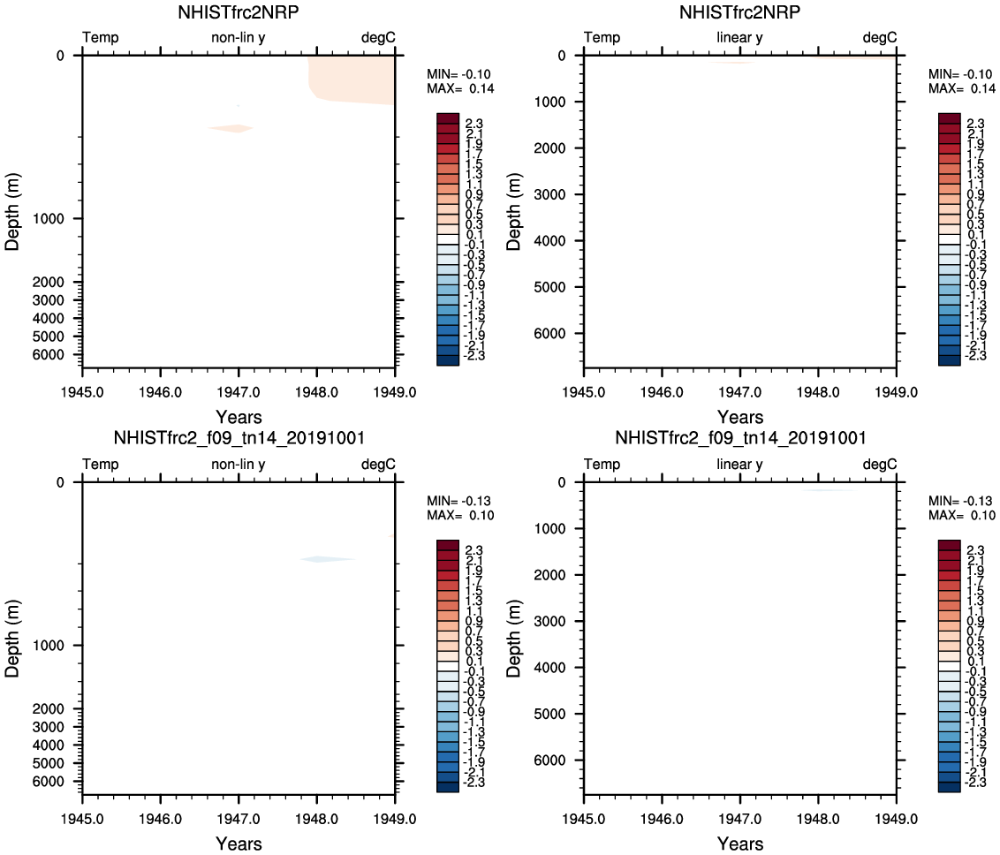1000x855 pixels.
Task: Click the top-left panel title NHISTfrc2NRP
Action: click(x=238, y=12)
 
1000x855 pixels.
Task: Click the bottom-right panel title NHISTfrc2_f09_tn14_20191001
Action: click(x=739, y=438)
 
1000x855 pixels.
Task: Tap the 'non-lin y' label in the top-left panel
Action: click(x=238, y=38)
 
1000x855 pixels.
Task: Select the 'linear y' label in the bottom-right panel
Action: click(x=739, y=465)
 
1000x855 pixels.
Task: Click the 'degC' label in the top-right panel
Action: click(x=880, y=38)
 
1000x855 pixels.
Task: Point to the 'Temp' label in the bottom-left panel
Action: click(x=101, y=465)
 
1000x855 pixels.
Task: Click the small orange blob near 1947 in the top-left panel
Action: click(x=231, y=129)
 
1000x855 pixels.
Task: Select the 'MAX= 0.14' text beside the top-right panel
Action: click(x=962, y=88)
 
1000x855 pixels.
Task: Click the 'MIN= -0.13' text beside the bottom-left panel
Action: click(x=460, y=501)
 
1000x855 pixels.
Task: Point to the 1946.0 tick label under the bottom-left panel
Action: click(x=161, y=813)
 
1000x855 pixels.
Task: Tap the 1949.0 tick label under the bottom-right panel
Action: click(x=897, y=813)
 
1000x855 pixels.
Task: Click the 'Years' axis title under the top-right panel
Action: click(x=739, y=417)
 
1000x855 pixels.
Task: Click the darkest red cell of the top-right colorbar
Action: click(x=950, y=118)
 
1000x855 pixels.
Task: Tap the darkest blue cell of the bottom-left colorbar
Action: click(x=448, y=787)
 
